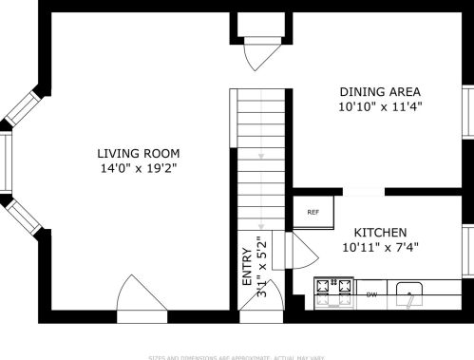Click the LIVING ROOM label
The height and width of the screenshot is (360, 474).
pyautogui.click(x=138, y=153)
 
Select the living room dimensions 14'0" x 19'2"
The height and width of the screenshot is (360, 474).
pyautogui.click(x=138, y=168)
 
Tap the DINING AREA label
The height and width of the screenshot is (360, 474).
pyautogui.click(x=380, y=92)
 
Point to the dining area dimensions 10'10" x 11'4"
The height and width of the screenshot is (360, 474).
pyautogui.click(x=380, y=107)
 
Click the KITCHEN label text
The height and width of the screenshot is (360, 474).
pyautogui.click(x=381, y=233)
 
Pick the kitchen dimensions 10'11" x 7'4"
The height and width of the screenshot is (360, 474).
pyautogui.click(x=381, y=248)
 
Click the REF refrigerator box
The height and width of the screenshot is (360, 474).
pyautogui.click(x=313, y=212)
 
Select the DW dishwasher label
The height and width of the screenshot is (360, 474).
pyautogui.click(x=371, y=294)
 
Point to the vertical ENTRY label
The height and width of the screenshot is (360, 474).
pyautogui.click(x=247, y=268)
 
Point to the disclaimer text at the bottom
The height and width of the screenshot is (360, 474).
pyautogui.click(x=237, y=356)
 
